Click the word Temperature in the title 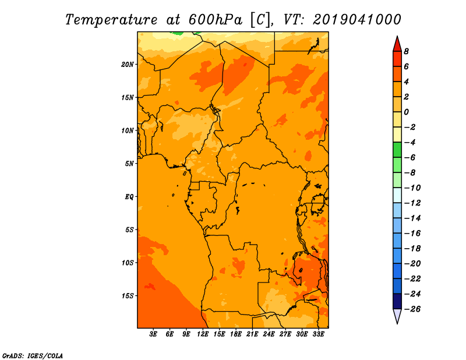pos(111,20)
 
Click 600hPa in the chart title pos(216,20)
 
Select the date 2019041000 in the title pos(357,20)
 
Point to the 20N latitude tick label pos(128,65)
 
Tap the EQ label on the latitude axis pos(129,197)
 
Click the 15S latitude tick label pos(128,296)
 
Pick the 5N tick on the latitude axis pos(129,164)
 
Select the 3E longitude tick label pos(153,334)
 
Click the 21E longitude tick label pos(252,334)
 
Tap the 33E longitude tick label pos(318,334)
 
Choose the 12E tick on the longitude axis pos(203,334)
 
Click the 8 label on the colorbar pos(406,51)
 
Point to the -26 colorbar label pos(412,309)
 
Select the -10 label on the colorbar pos(412,188)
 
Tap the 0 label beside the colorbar pos(406,112)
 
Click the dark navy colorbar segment pos(397,301)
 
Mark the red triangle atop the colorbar pos(397,45)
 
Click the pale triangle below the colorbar pos(397,316)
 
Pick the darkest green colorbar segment pos(397,150)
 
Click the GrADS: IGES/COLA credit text pos(33,356)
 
